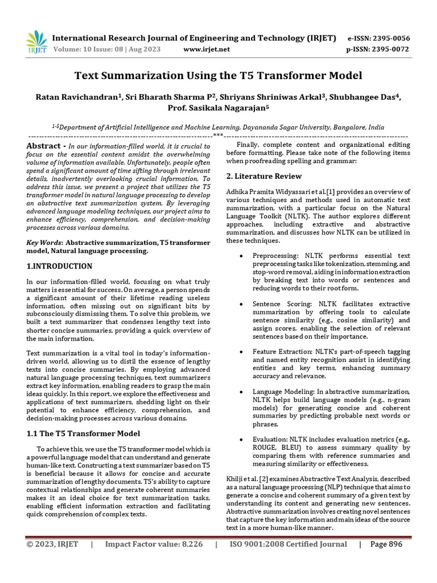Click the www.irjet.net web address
[x=207, y=50]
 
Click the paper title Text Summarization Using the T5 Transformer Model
[x=218, y=75]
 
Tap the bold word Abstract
[x=43, y=146]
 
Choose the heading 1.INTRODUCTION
[x=59, y=266]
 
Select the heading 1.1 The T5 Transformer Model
[x=83, y=433]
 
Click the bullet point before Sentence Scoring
[x=243, y=305]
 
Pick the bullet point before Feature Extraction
[x=243, y=352]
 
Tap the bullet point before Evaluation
[x=243, y=440]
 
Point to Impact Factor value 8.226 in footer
[x=154, y=544]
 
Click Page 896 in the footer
[x=386, y=544]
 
